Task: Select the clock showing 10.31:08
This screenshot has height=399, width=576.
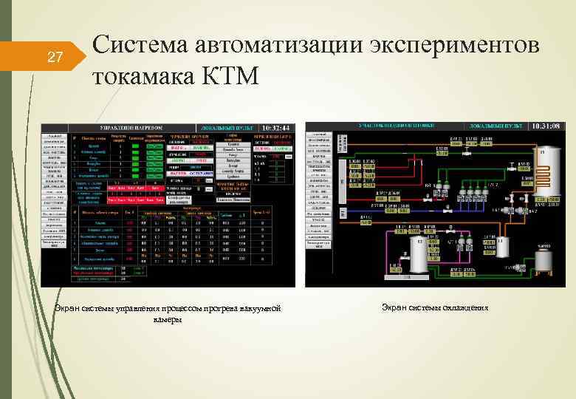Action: coord(546,127)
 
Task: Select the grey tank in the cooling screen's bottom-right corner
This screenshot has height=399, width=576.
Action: coord(544,259)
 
